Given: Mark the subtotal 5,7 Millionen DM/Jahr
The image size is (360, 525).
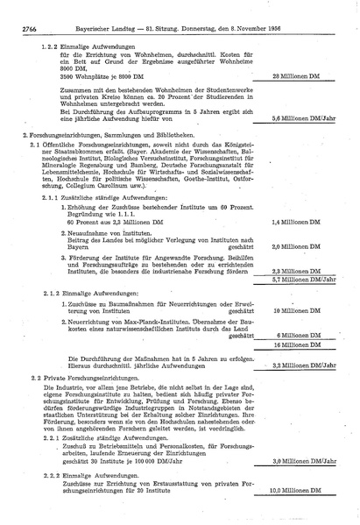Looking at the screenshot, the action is (304, 280).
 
